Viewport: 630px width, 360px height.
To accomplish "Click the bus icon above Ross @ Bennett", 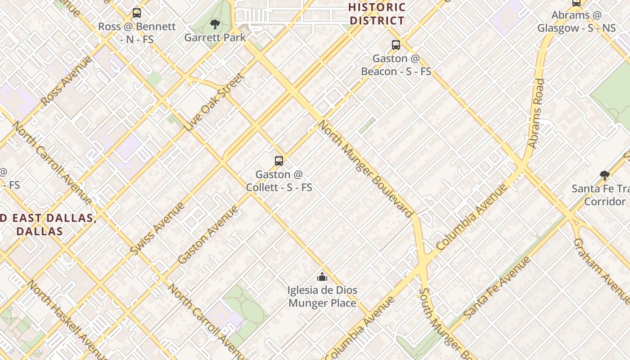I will pyautogui.click(x=137, y=13).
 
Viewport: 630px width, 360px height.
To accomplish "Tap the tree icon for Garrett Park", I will pyautogui.click(x=215, y=24).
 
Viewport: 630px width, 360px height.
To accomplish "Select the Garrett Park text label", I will pyautogui.click(x=215, y=37).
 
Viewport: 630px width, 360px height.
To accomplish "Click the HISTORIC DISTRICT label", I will pyautogui.click(x=377, y=14).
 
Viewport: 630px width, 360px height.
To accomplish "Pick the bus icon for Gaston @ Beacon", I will pyautogui.click(x=396, y=45).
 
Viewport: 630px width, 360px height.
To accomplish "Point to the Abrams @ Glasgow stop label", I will pyautogui.click(x=576, y=21).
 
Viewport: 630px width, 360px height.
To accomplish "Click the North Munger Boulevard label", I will pyautogui.click(x=366, y=169).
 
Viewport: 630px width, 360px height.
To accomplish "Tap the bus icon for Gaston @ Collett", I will pyautogui.click(x=279, y=161).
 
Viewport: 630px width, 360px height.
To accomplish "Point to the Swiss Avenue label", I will pyautogui.click(x=157, y=229).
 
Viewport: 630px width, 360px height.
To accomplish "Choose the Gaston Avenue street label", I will pyautogui.click(x=207, y=235).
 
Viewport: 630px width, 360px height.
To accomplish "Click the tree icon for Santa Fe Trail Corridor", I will pyautogui.click(x=605, y=175).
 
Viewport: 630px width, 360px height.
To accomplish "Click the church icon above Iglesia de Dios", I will pyautogui.click(x=322, y=277).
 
